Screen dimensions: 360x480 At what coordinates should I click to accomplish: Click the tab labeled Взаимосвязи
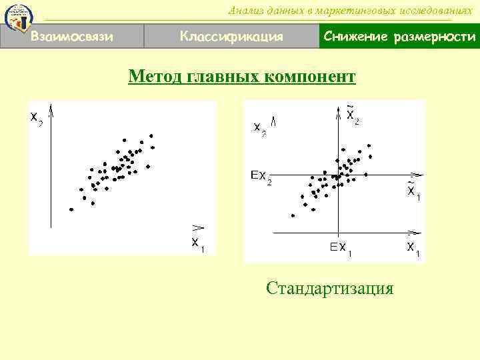(72, 36)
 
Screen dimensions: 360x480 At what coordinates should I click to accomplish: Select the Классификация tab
(231, 36)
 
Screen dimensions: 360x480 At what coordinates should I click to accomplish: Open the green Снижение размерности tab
(399, 36)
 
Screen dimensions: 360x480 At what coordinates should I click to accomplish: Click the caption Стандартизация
(329, 288)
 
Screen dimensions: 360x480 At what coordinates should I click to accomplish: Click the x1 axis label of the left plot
(198, 244)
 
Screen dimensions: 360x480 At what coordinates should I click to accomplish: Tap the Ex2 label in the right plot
(261, 177)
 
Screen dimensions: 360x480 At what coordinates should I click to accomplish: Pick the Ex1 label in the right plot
(341, 249)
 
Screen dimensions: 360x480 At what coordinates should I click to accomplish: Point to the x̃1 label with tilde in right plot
(413, 192)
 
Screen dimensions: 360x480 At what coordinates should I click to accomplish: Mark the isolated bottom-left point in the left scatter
(71, 209)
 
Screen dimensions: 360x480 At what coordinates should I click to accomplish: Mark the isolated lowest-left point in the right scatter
(293, 215)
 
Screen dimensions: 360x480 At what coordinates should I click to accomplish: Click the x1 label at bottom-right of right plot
(413, 249)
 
